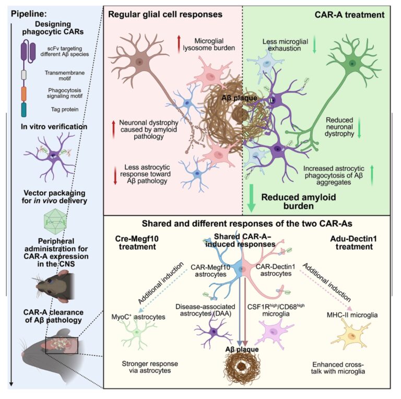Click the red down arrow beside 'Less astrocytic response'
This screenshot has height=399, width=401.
coord(115,175)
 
